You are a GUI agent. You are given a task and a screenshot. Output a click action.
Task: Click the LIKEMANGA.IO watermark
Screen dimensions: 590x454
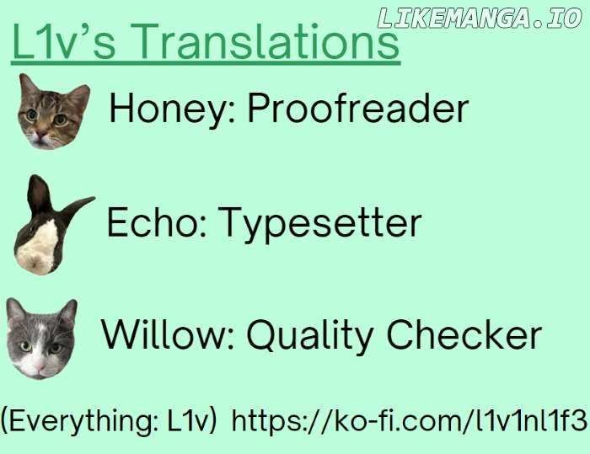(x=480, y=18)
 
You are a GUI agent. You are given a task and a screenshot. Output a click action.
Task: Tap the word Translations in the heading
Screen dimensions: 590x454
(x=271, y=41)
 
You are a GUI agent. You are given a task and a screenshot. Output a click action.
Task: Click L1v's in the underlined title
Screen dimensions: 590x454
(x=63, y=41)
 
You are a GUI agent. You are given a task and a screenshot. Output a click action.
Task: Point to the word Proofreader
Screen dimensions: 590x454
(x=357, y=109)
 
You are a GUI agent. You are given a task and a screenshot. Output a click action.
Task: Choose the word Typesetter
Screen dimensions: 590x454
(x=319, y=224)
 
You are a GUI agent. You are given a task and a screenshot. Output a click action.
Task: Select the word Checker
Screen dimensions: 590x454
(x=464, y=334)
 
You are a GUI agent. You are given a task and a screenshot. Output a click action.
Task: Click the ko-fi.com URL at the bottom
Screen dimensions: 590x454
(x=410, y=419)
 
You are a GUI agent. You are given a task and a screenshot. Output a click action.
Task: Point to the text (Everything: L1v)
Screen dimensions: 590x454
(x=109, y=420)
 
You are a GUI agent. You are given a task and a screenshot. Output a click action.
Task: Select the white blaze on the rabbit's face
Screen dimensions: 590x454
(x=39, y=243)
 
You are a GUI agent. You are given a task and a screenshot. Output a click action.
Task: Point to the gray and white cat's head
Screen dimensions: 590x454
(x=41, y=339)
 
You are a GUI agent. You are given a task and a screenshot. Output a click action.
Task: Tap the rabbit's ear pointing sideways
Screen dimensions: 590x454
(x=78, y=209)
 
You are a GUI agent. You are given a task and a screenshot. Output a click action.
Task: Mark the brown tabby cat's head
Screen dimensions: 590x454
(x=53, y=111)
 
